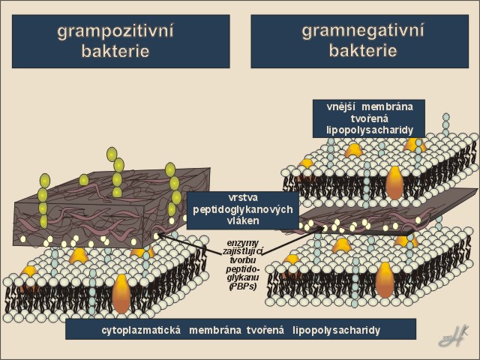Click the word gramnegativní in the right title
[x=363, y=31]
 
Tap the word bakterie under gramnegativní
[x=363, y=51]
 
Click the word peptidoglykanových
[x=242, y=210]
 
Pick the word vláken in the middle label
[x=242, y=221]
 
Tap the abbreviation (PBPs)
[x=245, y=284]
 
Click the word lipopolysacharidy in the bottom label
[x=337, y=330]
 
